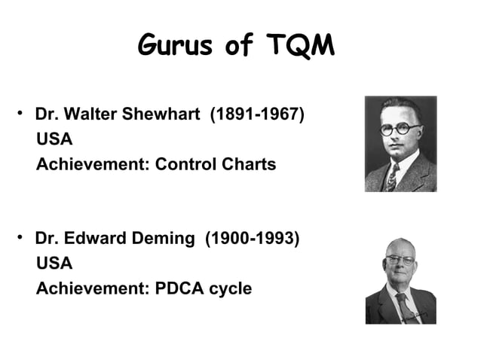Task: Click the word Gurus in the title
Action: click(x=175, y=46)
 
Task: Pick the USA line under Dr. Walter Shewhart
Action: click(x=54, y=140)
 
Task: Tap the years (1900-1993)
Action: click(x=252, y=239)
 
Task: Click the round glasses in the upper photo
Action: click(x=400, y=128)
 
